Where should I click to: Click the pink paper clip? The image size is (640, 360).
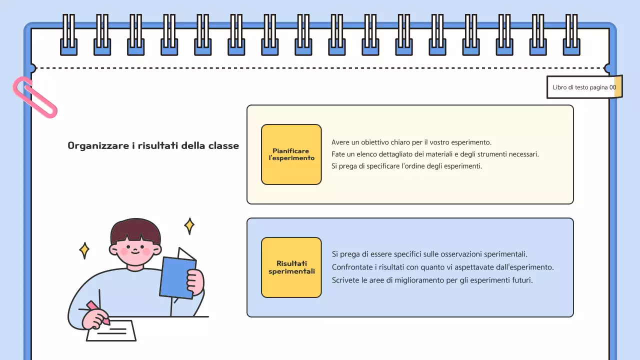pyautogui.click(x=34, y=97)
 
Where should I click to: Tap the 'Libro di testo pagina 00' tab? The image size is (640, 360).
pyautogui.click(x=584, y=87)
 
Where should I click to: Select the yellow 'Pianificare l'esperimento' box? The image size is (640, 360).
pyautogui.click(x=291, y=154)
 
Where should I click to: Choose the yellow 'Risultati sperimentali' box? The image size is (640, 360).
pyautogui.click(x=291, y=267)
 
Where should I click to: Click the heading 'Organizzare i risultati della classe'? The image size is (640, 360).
pyautogui.click(x=153, y=146)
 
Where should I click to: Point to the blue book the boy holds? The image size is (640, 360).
pyautogui.click(x=177, y=278)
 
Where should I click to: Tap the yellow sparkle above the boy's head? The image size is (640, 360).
pyautogui.click(x=189, y=226)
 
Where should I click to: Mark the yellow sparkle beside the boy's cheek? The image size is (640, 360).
pyautogui.click(x=84, y=250)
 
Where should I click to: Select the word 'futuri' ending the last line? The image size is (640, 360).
pyautogui.click(x=522, y=280)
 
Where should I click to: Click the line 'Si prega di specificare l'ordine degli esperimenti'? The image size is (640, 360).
pyautogui.click(x=406, y=166)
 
